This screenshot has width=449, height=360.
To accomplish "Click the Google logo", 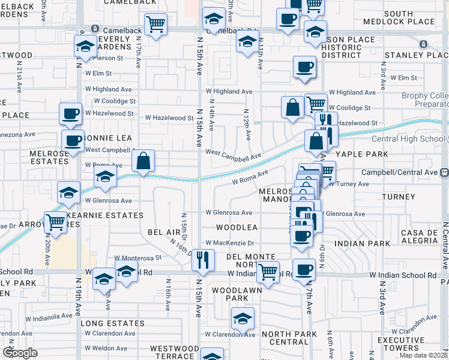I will [x=20, y=352].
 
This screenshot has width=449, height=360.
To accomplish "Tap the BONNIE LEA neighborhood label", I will [x=108, y=138].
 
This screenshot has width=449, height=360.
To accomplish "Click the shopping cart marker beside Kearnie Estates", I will [x=56, y=221].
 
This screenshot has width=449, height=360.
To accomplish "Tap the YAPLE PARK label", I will [x=362, y=154].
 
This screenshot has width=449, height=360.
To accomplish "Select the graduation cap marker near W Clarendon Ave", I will [x=243, y=318].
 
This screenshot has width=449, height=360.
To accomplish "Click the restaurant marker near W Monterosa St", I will [x=203, y=259].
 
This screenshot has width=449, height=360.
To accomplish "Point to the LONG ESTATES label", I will [x=112, y=323].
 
